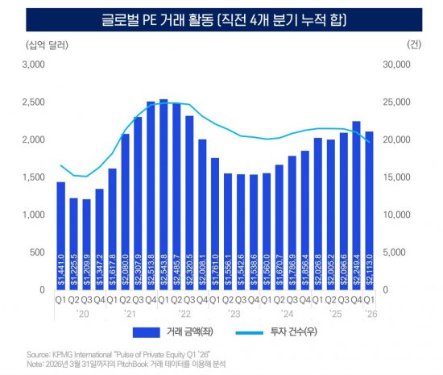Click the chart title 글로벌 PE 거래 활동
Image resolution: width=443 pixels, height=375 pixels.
221,16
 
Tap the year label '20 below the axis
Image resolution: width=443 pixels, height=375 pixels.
81,314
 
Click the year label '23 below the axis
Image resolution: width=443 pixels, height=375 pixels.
235,314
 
